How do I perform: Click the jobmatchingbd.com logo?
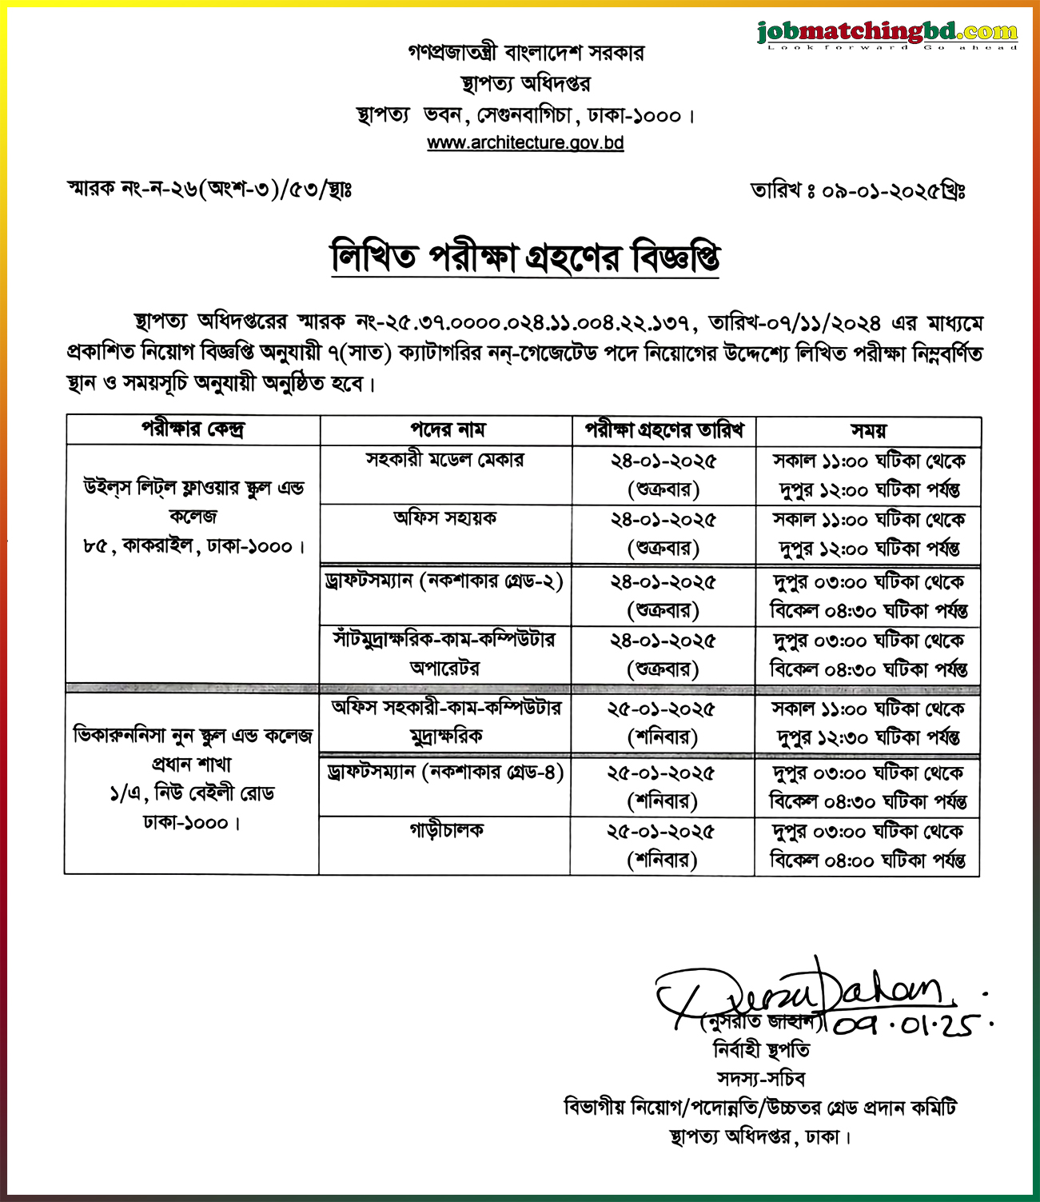click(887, 34)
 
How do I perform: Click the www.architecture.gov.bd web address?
click(525, 143)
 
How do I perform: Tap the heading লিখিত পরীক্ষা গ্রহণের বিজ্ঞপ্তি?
click(525, 257)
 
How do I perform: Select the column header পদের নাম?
click(447, 430)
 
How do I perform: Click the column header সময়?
click(868, 430)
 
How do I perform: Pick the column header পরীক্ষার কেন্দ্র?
click(193, 430)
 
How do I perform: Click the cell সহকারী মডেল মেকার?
click(444, 460)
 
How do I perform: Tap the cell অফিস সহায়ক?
click(444, 518)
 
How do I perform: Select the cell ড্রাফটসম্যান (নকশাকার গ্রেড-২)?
click(444, 581)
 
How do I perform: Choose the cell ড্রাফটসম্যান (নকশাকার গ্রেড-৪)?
click(445, 773)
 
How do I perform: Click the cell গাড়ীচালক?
click(446, 831)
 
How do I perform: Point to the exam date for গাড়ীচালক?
click(662, 845)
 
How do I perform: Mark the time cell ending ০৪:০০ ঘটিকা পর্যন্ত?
click(867, 846)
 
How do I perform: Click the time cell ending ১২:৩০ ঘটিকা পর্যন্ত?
click(868, 723)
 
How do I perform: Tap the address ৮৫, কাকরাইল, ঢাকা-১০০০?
click(194, 547)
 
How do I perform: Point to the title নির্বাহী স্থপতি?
click(760, 1049)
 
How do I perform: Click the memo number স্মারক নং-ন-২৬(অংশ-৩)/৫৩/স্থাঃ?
click(209, 190)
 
